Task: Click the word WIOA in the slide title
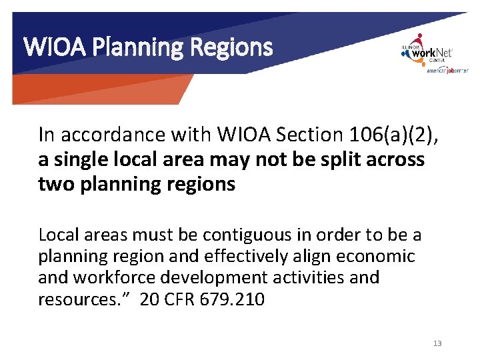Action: tap(43, 47)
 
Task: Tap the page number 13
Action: tap(437, 343)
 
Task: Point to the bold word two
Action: tap(55, 184)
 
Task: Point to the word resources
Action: tap(79, 299)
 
